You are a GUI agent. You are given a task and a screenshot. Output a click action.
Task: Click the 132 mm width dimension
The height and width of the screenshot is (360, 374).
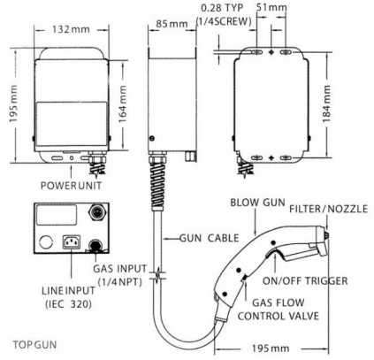71,29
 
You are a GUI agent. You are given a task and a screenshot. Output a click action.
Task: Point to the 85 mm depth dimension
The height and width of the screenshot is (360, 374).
172,24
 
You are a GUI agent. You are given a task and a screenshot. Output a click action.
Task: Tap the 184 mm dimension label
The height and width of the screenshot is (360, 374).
326,103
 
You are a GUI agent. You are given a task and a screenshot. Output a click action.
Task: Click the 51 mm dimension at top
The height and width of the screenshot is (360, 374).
271,7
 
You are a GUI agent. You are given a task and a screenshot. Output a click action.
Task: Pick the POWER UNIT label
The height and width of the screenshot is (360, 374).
71,186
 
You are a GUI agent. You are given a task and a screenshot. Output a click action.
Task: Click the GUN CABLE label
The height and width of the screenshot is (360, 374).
210,238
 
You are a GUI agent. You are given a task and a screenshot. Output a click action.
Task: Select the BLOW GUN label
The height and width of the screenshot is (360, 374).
257,203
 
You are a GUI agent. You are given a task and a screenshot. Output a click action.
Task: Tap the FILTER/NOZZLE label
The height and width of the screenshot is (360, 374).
329,209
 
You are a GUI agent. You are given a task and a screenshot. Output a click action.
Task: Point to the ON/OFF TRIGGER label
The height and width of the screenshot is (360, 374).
305,280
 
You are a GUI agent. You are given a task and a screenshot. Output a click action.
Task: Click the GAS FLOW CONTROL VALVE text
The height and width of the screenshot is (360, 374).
279,310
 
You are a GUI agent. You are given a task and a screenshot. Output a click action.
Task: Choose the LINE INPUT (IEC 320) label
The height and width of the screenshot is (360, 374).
68,297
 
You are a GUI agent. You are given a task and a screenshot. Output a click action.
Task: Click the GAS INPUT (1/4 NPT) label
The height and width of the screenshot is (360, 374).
120,275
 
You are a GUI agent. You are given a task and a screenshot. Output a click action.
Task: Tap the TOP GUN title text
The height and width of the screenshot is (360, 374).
34,344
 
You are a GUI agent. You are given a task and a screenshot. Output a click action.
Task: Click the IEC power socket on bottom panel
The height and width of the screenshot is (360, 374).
72,242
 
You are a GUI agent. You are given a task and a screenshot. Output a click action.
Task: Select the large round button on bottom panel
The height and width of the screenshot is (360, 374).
46,242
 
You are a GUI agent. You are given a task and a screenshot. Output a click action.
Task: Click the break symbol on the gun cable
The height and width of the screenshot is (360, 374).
158,274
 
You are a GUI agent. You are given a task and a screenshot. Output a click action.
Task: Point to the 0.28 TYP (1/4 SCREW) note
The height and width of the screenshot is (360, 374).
224,15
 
